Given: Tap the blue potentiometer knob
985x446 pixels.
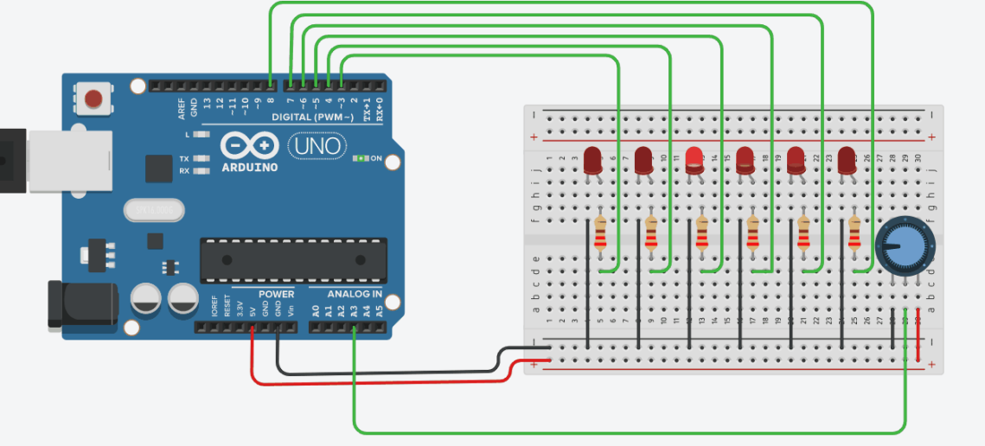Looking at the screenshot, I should pyautogui.click(x=905, y=247).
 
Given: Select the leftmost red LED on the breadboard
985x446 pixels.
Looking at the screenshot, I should pyautogui.click(x=592, y=161).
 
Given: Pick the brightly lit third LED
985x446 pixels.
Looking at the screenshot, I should pyautogui.click(x=694, y=160).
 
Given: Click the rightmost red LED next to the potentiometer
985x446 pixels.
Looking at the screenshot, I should pyautogui.click(x=847, y=161).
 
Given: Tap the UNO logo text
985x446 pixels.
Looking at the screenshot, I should pyautogui.click(x=315, y=145).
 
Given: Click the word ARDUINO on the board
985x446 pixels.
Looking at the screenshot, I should pyautogui.click(x=249, y=167).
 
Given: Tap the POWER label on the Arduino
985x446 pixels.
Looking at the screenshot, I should pyautogui.click(x=277, y=294).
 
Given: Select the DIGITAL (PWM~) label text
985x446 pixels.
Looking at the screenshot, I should pyautogui.click(x=312, y=117).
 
